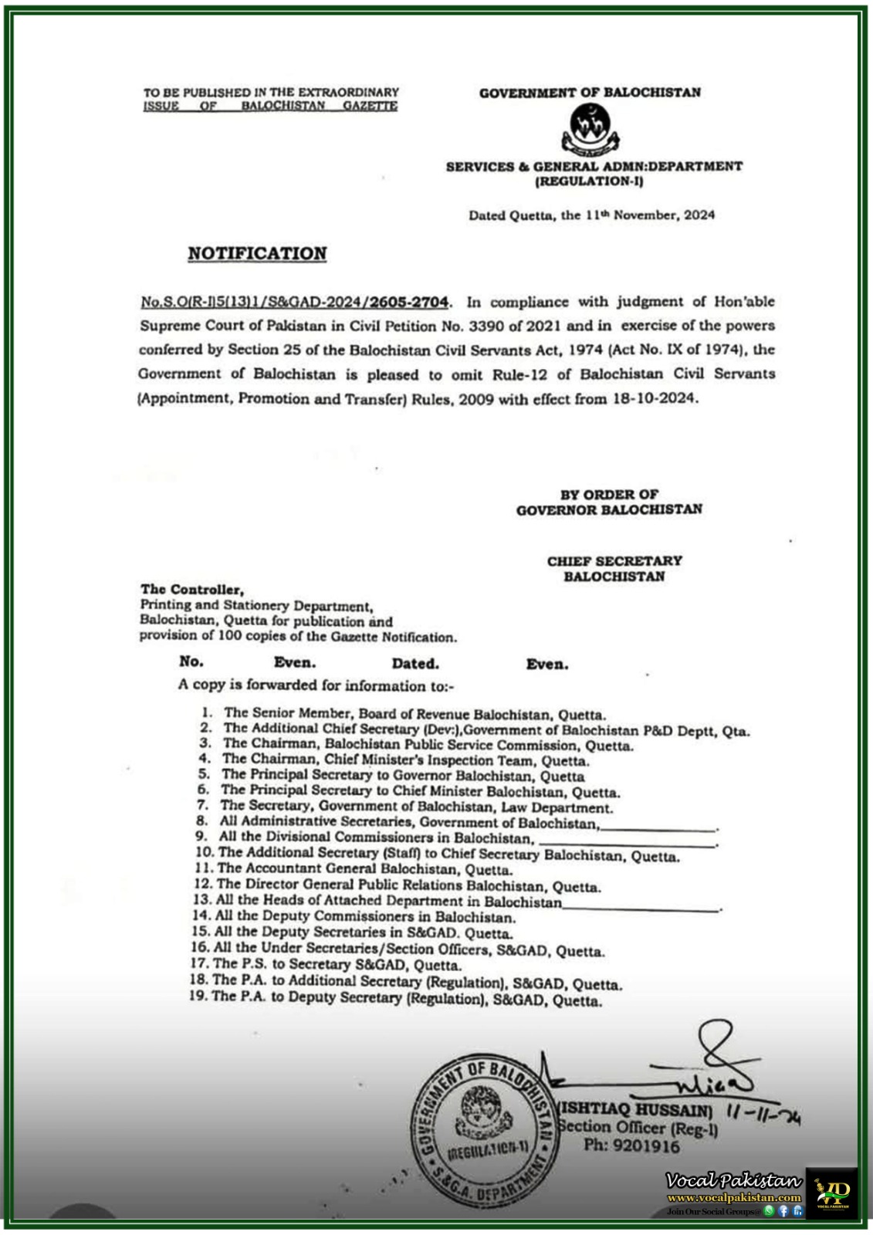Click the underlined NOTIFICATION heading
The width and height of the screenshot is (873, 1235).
(257, 254)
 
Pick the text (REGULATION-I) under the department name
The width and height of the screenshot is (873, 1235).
(589, 181)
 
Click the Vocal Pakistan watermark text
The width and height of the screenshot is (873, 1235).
(733, 1180)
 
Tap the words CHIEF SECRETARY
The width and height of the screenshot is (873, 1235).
(614, 561)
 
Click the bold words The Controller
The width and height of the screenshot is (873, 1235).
(192, 590)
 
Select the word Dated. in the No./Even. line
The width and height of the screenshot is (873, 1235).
(415, 663)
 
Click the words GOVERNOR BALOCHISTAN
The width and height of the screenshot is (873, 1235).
(609, 509)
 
